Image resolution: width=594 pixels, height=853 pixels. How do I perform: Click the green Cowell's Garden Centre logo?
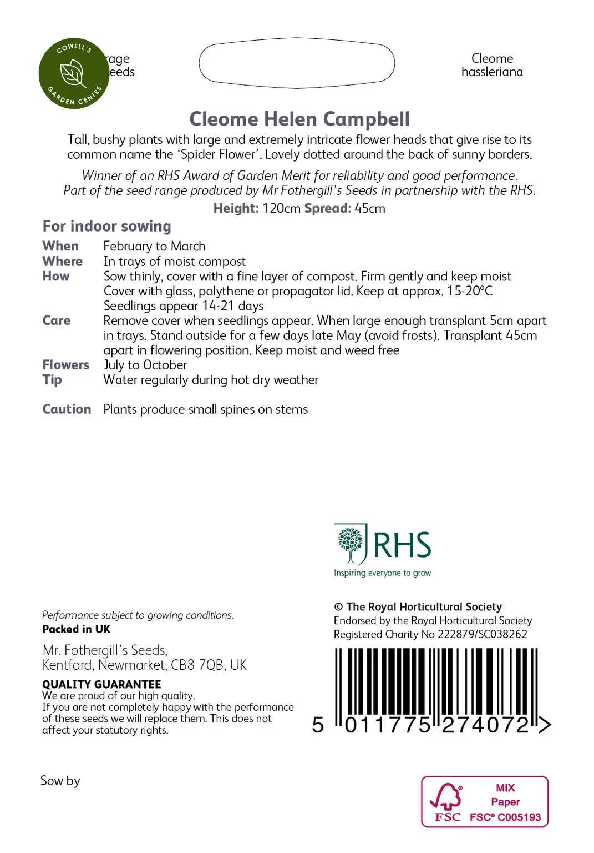[x=73, y=73]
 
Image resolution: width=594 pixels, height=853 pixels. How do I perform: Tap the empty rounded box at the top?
[x=297, y=63]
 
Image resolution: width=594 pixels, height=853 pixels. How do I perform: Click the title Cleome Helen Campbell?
[x=299, y=119]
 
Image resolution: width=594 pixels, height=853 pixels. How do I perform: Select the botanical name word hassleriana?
[x=492, y=72]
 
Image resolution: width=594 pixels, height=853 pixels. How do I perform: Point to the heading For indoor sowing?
[x=106, y=227]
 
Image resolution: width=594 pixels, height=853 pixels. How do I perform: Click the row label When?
[x=60, y=246]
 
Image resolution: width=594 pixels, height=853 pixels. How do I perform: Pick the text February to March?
[x=154, y=246]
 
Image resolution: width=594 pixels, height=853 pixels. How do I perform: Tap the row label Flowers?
[x=65, y=365]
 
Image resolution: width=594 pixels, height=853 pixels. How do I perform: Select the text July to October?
[x=145, y=365]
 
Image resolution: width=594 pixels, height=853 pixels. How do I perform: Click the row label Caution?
[x=67, y=409]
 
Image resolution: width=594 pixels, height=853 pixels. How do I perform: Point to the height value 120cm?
[x=281, y=209]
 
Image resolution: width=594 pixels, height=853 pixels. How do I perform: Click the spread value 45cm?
[x=370, y=209]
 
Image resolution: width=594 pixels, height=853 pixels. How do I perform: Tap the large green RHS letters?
[x=402, y=545]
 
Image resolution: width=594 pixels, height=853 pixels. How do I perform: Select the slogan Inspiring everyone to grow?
[x=382, y=573]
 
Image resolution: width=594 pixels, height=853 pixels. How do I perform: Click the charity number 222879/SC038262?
[x=483, y=634]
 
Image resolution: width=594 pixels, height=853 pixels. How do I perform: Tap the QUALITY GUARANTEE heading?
[x=101, y=684]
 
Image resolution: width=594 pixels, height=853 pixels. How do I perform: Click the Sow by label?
[x=60, y=781]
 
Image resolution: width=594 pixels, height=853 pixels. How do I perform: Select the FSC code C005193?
[x=519, y=817]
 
